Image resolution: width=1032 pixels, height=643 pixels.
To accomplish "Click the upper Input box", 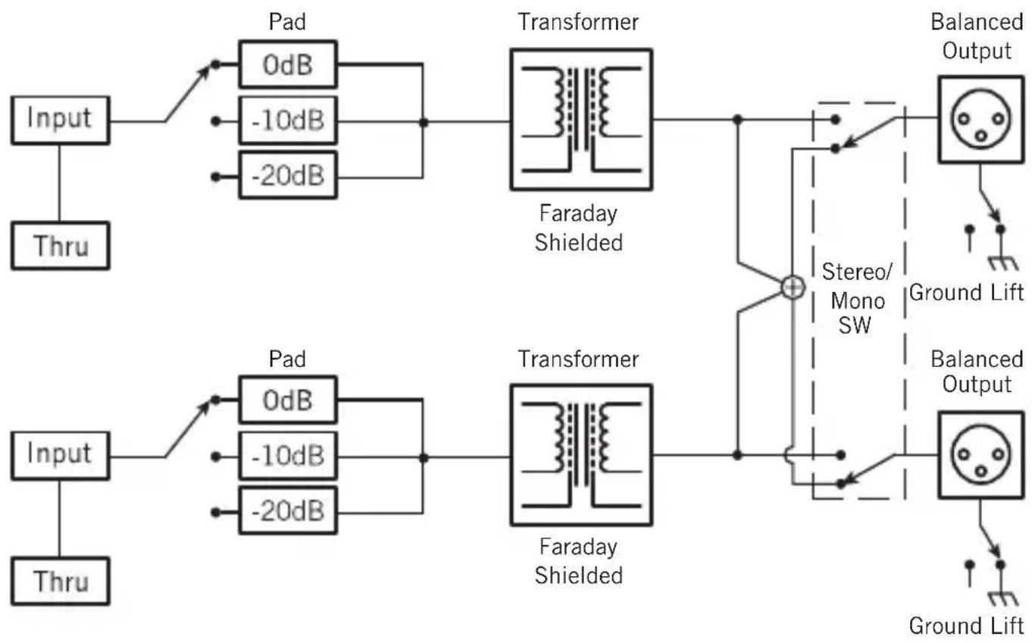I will [x=60, y=120].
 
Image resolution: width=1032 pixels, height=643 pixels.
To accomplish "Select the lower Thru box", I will [x=60, y=581].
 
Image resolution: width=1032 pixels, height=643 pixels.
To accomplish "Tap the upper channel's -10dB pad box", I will [x=287, y=121].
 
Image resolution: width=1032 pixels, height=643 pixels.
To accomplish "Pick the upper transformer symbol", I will [x=580, y=119].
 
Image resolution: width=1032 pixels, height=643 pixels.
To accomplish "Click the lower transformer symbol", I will [x=580, y=455].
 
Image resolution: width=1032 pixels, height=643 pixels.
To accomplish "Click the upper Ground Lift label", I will [x=966, y=292].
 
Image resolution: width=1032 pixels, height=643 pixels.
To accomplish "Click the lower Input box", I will [x=60, y=454].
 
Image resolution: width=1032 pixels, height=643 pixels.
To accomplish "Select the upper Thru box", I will [x=60, y=246].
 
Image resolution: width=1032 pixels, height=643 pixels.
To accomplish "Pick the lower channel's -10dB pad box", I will [x=287, y=457].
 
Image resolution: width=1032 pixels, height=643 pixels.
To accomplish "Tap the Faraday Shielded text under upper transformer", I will [x=578, y=231].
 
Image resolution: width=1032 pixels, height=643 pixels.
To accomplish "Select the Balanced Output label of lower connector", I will [x=976, y=371].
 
